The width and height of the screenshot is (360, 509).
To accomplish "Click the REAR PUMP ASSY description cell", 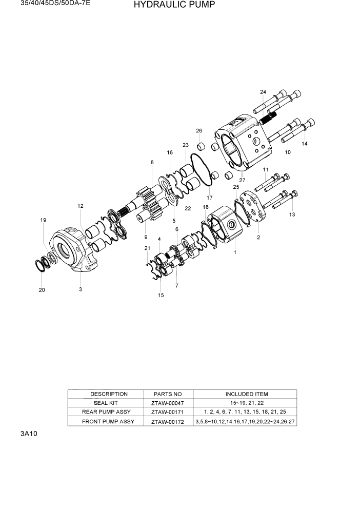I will point(106,412).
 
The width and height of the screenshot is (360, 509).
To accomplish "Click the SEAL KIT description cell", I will point(106,403).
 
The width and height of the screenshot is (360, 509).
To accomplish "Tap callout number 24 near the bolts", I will point(263,92).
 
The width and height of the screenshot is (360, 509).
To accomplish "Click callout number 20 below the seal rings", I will point(42,290).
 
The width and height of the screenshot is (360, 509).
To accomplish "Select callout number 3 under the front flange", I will point(81,289).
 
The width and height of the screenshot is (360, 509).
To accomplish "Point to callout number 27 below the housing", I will point(242,180).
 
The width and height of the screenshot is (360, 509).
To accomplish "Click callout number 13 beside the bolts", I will point(292,214).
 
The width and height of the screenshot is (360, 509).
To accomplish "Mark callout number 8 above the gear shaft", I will point(152,163).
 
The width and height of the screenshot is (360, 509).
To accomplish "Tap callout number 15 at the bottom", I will point(161,295).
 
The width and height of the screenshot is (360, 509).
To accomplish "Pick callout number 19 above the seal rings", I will point(44,220).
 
